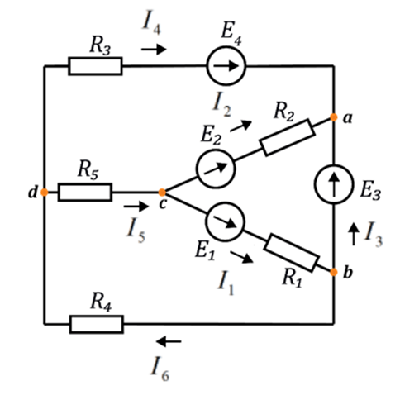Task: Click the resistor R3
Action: (95, 66)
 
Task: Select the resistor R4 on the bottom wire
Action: (97, 324)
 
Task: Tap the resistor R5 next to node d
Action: (85, 193)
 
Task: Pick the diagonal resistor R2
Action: (288, 137)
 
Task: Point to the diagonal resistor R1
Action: (292, 253)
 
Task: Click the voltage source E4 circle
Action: (226, 66)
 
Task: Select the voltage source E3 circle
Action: (334, 184)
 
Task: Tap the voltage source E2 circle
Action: (216, 169)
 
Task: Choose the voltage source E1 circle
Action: (225, 222)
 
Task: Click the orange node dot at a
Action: (334, 117)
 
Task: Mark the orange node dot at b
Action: (334, 272)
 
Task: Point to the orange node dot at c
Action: (162, 193)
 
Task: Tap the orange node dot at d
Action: (44, 193)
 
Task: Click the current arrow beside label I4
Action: (154, 50)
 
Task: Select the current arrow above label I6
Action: (169, 341)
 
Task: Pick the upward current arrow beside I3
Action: (354, 234)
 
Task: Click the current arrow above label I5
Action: (136, 207)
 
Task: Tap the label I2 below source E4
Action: (222, 106)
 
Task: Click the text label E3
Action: (370, 191)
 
